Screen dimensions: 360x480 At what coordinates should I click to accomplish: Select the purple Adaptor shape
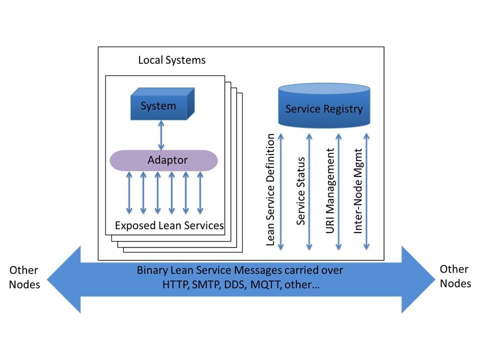tap(163, 160)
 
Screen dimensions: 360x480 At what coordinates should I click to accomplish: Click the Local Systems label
tap(171, 60)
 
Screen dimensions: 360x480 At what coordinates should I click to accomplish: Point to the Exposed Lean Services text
tap(169, 225)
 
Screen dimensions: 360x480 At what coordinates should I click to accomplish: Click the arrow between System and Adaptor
tap(161, 135)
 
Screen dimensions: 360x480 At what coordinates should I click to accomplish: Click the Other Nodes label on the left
tap(24, 277)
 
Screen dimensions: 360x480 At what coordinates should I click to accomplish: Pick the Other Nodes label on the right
tap(455, 276)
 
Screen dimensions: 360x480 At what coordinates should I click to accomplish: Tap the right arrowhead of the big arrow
tap(417, 279)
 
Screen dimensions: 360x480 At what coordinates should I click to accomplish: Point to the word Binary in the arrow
tap(152, 270)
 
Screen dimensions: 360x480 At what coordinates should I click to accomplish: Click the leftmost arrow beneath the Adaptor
tap(129, 192)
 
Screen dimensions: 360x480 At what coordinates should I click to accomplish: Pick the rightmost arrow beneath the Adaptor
tap(200, 192)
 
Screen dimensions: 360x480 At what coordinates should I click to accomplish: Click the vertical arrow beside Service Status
tap(309, 192)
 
